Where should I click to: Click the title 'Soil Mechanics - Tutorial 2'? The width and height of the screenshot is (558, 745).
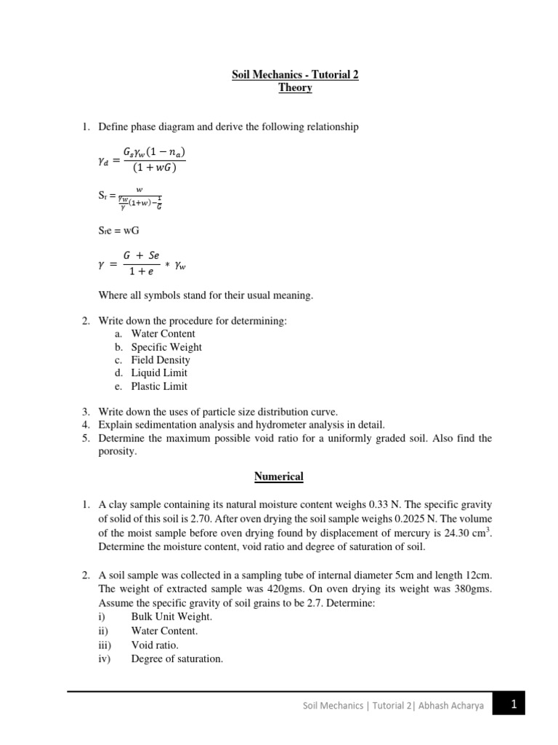click(295, 74)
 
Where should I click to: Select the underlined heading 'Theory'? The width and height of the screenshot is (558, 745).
click(295, 87)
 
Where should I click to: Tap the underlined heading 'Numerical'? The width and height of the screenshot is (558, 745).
click(278, 477)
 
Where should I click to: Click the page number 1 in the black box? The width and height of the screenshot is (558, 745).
click(513, 704)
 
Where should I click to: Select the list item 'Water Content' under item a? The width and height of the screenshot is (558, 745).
click(163, 334)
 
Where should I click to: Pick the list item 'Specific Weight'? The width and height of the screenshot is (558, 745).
click(166, 347)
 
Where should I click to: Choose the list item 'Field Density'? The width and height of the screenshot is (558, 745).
click(161, 360)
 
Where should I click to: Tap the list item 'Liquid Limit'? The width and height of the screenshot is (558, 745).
click(159, 373)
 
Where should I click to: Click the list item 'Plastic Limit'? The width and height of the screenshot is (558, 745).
click(159, 386)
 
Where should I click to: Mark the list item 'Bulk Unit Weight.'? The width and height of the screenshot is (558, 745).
click(171, 617)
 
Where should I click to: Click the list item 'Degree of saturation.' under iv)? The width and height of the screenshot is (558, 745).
click(177, 659)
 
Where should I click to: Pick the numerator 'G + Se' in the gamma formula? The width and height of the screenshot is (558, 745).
click(145, 255)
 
